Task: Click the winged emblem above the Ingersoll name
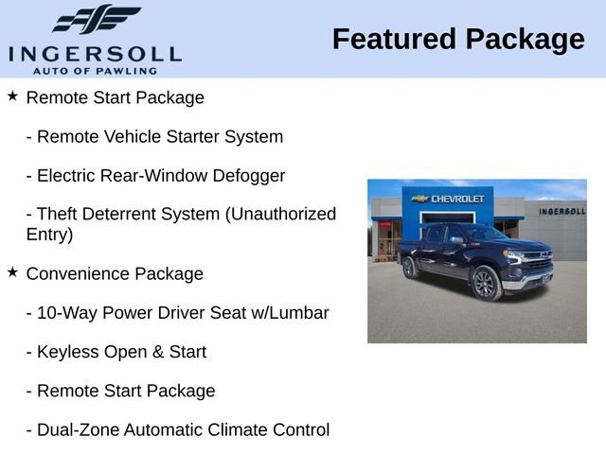click(x=96, y=20)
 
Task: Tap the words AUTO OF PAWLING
click(x=95, y=70)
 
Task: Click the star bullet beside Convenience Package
click(x=12, y=272)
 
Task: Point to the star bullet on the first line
click(x=12, y=96)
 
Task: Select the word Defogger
click(x=247, y=176)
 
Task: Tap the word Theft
click(x=60, y=215)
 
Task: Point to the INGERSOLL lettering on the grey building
click(x=561, y=211)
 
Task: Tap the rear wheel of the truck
click(x=410, y=268)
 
